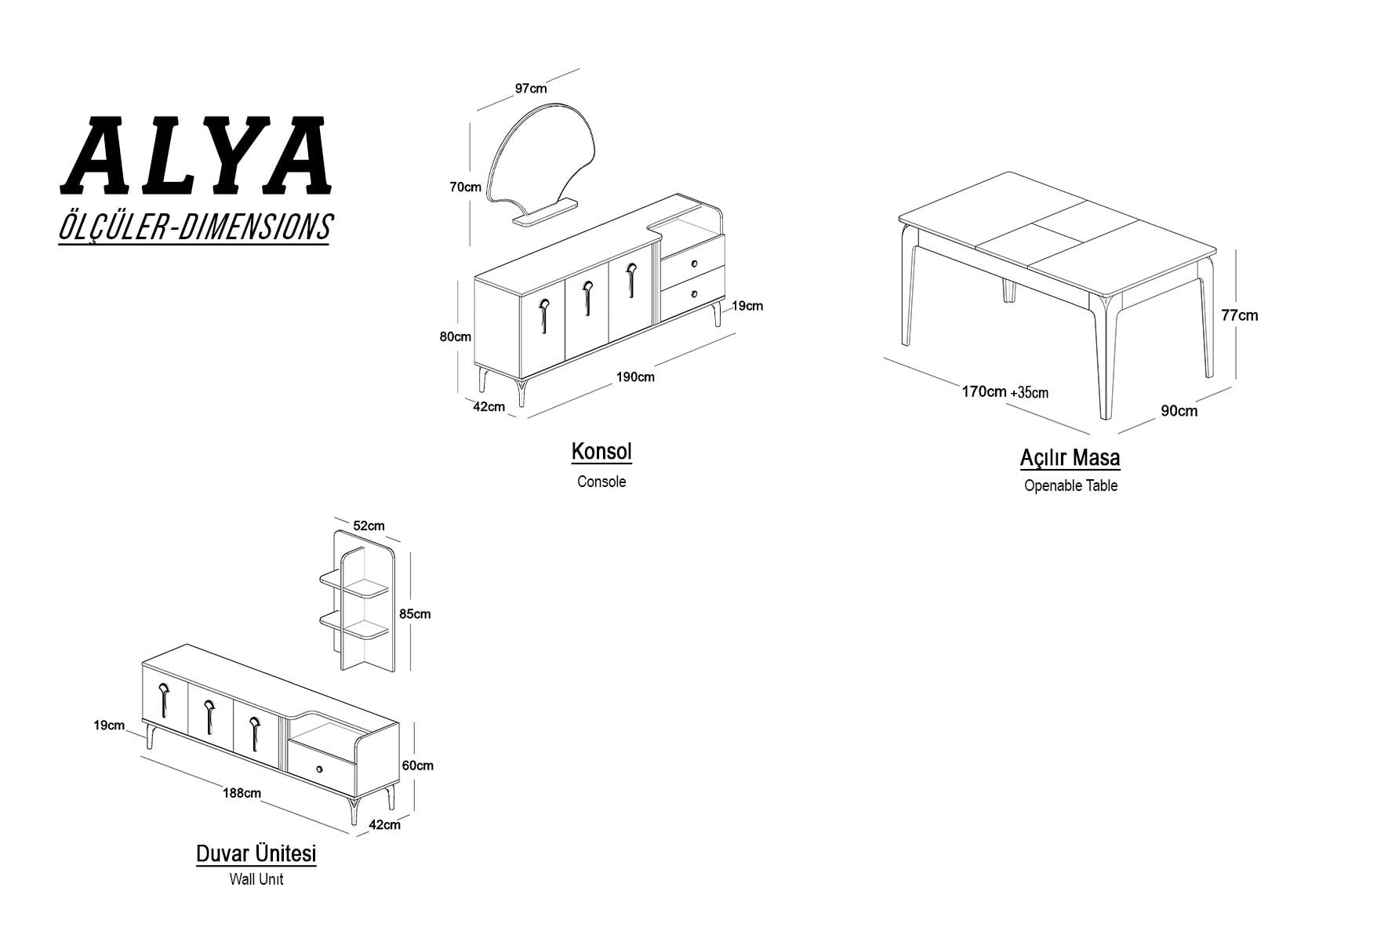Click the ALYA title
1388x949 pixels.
pyautogui.click(x=195, y=156)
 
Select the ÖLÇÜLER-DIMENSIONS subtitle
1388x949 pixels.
pyautogui.click(x=195, y=227)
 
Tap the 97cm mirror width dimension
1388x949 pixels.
pyautogui.click(x=531, y=89)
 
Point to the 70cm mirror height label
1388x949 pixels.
pyautogui.click(x=465, y=187)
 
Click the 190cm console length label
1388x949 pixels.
pyautogui.click(x=635, y=376)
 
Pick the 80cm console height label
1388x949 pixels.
pyautogui.click(x=455, y=336)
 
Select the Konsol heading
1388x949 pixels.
pyautogui.click(x=601, y=452)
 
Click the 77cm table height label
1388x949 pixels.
pyautogui.click(x=1239, y=315)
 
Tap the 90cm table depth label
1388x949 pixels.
pyautogui.click(x=1179, y=410)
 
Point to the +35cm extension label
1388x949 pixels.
pyautogui.click(x=1029, y=392)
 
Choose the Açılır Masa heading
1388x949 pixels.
pyautogui.click(x=1070, y=457)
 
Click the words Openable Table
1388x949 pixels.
pyautogui.click(x=1070, y=485)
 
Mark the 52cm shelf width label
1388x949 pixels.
pyautogui.click(x=369, y=525)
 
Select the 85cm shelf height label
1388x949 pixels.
pyautogui.click(x=415, y=614)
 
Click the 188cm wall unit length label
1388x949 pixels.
pyautogui.click(x=242, y=793)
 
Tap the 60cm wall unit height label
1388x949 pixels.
pyautogui.click(x=417, y=765)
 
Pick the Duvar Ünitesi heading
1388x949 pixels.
pyautogui.click(x=256, y=853)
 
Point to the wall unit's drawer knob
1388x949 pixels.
pyautogui.click(x=319, y=769)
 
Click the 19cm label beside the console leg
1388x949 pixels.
pyautogui.click(x=747, y=306)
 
